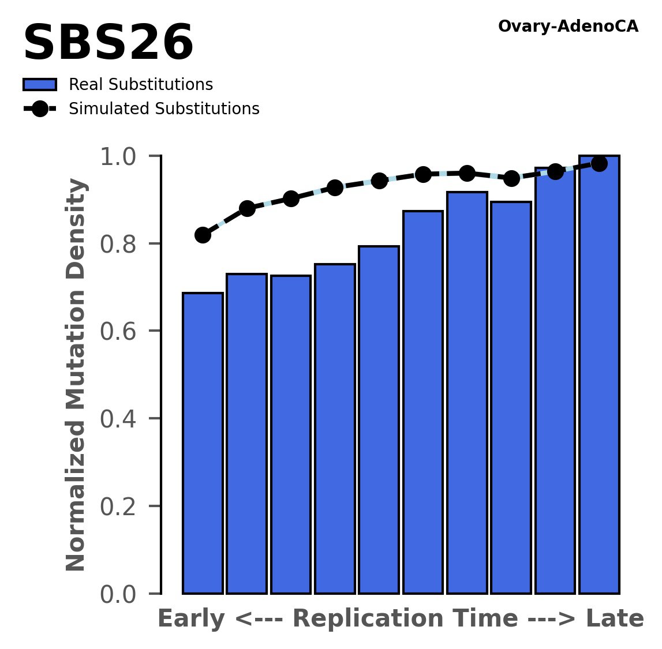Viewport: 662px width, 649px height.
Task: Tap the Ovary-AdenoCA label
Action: (568, 27)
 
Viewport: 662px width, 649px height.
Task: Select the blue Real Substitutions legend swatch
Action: (40, 85)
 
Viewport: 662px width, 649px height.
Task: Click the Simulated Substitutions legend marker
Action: (40, 109)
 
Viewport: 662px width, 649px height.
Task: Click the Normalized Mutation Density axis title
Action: (76, 374)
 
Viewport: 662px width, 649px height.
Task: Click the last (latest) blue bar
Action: (599, 375)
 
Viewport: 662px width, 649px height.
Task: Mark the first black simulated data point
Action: (203, 235)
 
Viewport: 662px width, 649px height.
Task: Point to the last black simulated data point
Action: (599, 164)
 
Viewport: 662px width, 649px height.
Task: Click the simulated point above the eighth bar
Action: (511, 178)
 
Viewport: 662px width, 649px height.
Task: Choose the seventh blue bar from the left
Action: (467, 392)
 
